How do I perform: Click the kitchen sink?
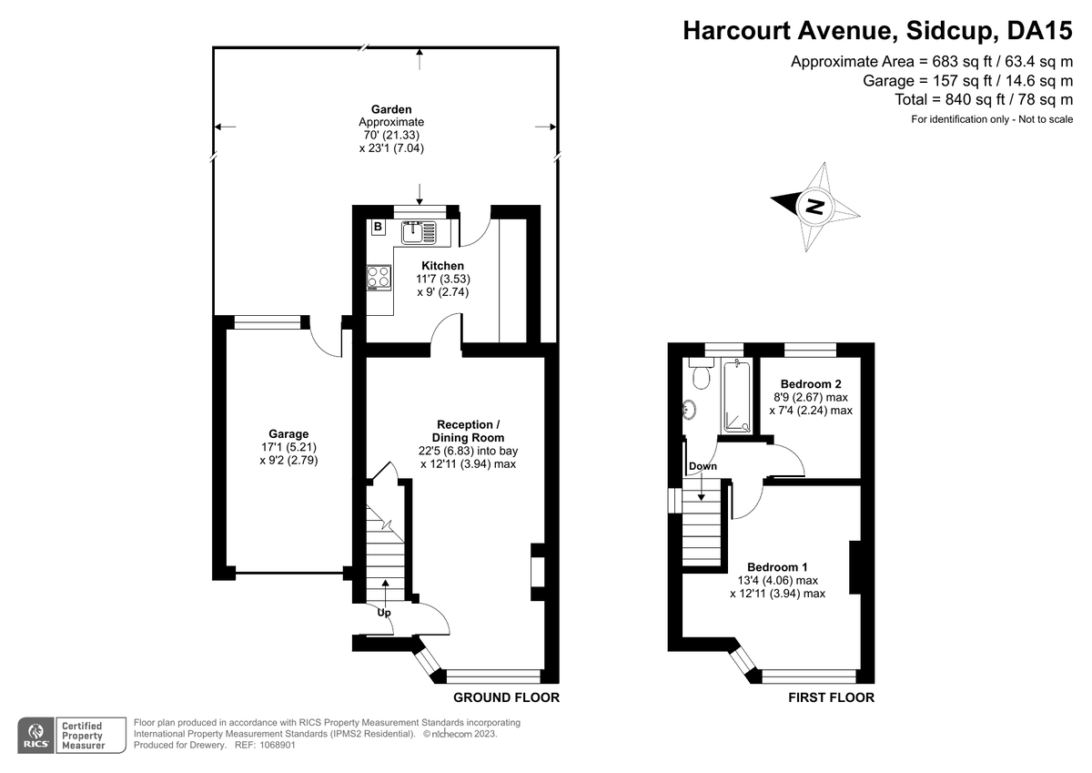420,232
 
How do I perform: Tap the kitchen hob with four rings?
379,278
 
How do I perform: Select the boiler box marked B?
378,227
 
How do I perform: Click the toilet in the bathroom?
701,373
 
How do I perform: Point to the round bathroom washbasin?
689,409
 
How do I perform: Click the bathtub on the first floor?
737,396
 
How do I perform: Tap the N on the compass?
814,207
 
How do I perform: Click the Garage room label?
288,433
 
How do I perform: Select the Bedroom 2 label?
811,384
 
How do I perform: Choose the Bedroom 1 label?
777,566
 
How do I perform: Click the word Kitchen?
442,266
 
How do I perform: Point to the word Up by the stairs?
384,613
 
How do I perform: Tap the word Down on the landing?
703,466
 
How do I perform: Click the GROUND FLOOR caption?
507,697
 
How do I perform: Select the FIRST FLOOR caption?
831,697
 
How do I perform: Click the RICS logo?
35,736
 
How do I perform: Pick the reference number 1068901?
278,745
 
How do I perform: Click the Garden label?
391,109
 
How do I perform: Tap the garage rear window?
268,322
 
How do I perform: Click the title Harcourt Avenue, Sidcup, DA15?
877,30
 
